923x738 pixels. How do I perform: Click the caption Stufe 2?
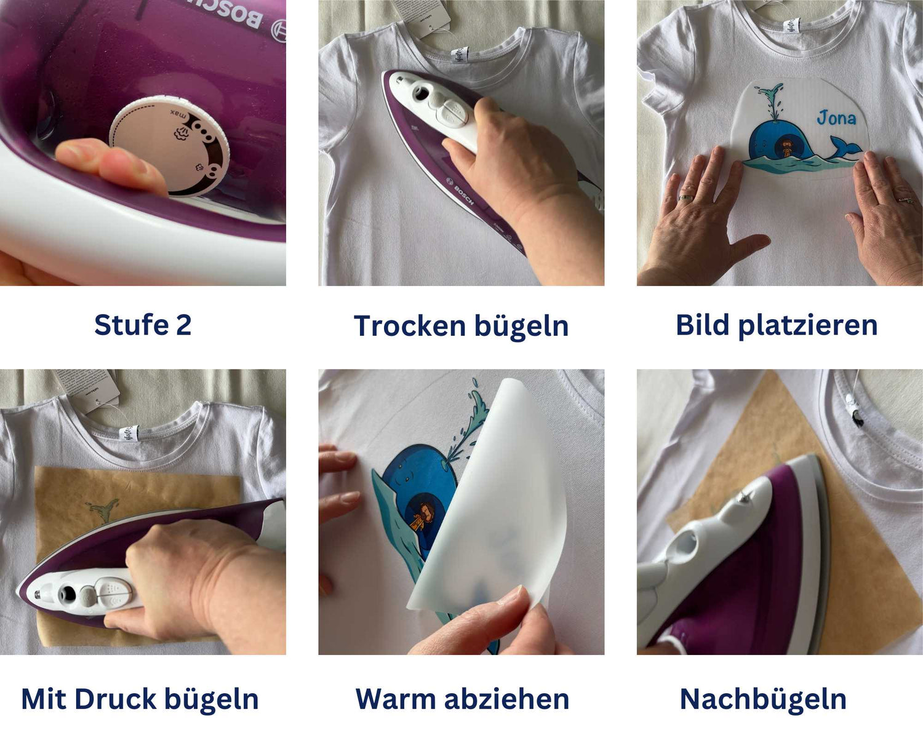coord(143,325)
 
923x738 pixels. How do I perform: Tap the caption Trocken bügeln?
coord(461,326)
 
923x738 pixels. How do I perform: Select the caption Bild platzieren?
coord(777,325)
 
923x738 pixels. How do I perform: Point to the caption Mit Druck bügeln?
coord(140,699)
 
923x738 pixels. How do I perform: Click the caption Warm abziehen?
coord(462,699)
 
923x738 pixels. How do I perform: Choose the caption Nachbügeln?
coord(763,699)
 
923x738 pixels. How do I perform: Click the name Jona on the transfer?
coord(836,117)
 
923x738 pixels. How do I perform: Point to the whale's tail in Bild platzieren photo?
coord(844,148)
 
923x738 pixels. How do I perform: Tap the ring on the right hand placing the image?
coord(905,199)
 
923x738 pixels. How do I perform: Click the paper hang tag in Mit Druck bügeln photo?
coord(86,387)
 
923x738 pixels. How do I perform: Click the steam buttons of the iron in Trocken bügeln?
coord(452,111)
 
